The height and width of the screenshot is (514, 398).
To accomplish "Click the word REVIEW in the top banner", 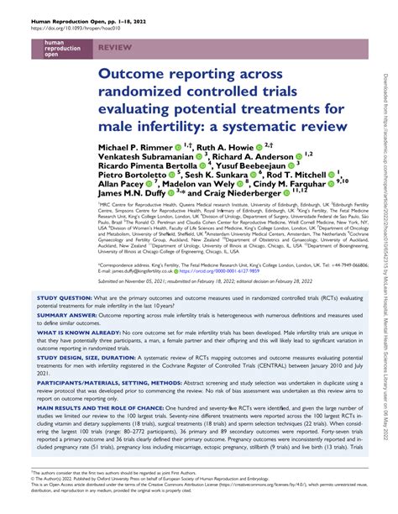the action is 115,50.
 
